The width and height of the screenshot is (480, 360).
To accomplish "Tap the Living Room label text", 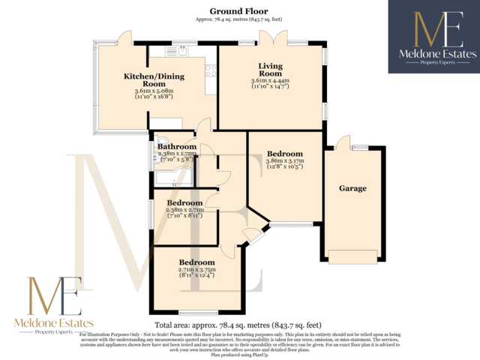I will point(270,70).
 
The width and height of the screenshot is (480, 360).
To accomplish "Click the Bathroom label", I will point(177,146).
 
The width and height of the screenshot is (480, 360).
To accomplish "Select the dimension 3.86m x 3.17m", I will point(285,160).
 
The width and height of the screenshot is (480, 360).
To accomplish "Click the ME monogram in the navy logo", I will point(433,30).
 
